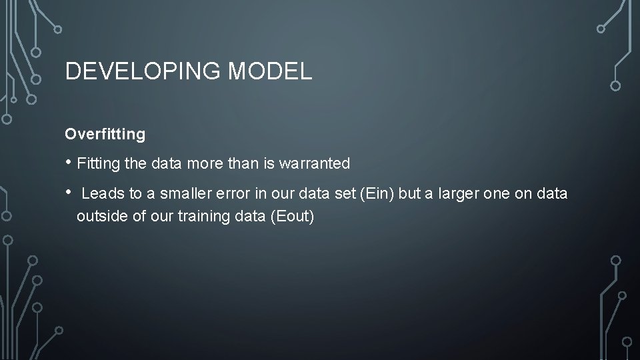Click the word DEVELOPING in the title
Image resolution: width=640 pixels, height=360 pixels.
click(x=143, y=71)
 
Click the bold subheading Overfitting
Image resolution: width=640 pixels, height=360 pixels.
click(x=105, y=134)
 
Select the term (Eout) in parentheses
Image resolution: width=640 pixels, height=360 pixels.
click(x=291, y=217)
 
